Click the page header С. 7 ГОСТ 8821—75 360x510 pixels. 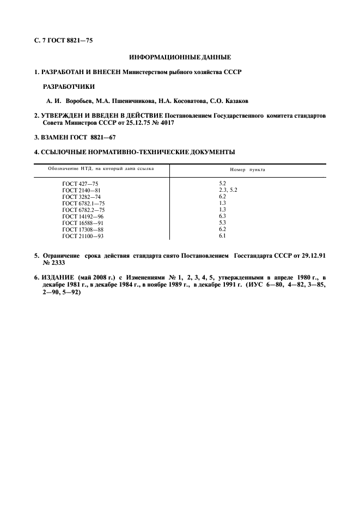(64, 40)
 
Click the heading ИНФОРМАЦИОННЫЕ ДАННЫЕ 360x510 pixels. (180, 57)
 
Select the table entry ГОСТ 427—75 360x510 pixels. (81, 184)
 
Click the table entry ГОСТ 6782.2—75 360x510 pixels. (84, 210)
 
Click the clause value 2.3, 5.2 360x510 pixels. (228, 190)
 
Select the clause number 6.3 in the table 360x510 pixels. (222, 216)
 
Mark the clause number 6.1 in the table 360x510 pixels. (222, 236)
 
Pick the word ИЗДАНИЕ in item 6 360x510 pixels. (59, 277)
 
